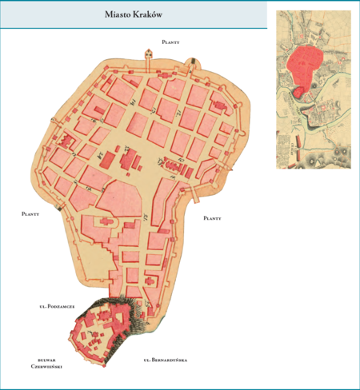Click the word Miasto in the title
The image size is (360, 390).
pos(118,15)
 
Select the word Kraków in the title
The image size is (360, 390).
pos(151,15)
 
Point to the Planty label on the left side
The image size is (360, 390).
pos(30,214)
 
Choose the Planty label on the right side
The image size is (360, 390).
pos(213,217)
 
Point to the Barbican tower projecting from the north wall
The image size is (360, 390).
pos(148,54)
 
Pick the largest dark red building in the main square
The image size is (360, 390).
pos(126,160)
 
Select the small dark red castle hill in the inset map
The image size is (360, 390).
pos(297,93)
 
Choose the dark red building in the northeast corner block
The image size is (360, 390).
pos(218,105)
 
